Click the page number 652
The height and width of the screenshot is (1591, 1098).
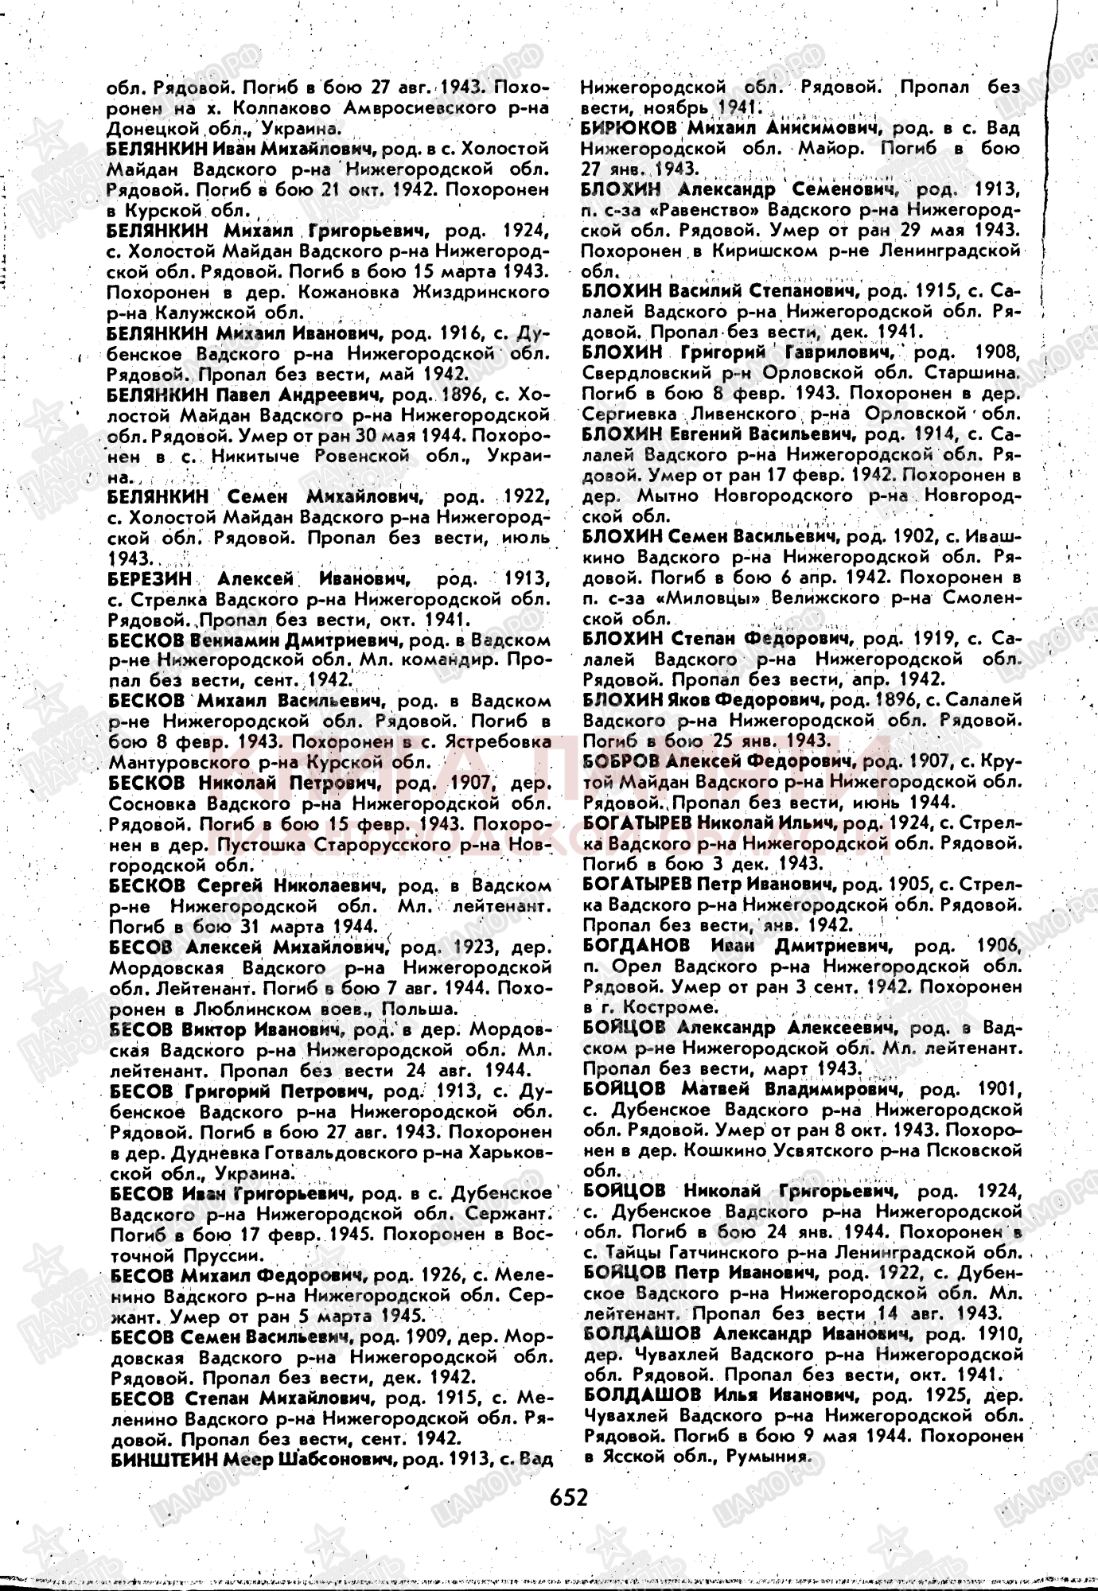(568, 1498)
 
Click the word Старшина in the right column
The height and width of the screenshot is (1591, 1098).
(980, 372)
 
